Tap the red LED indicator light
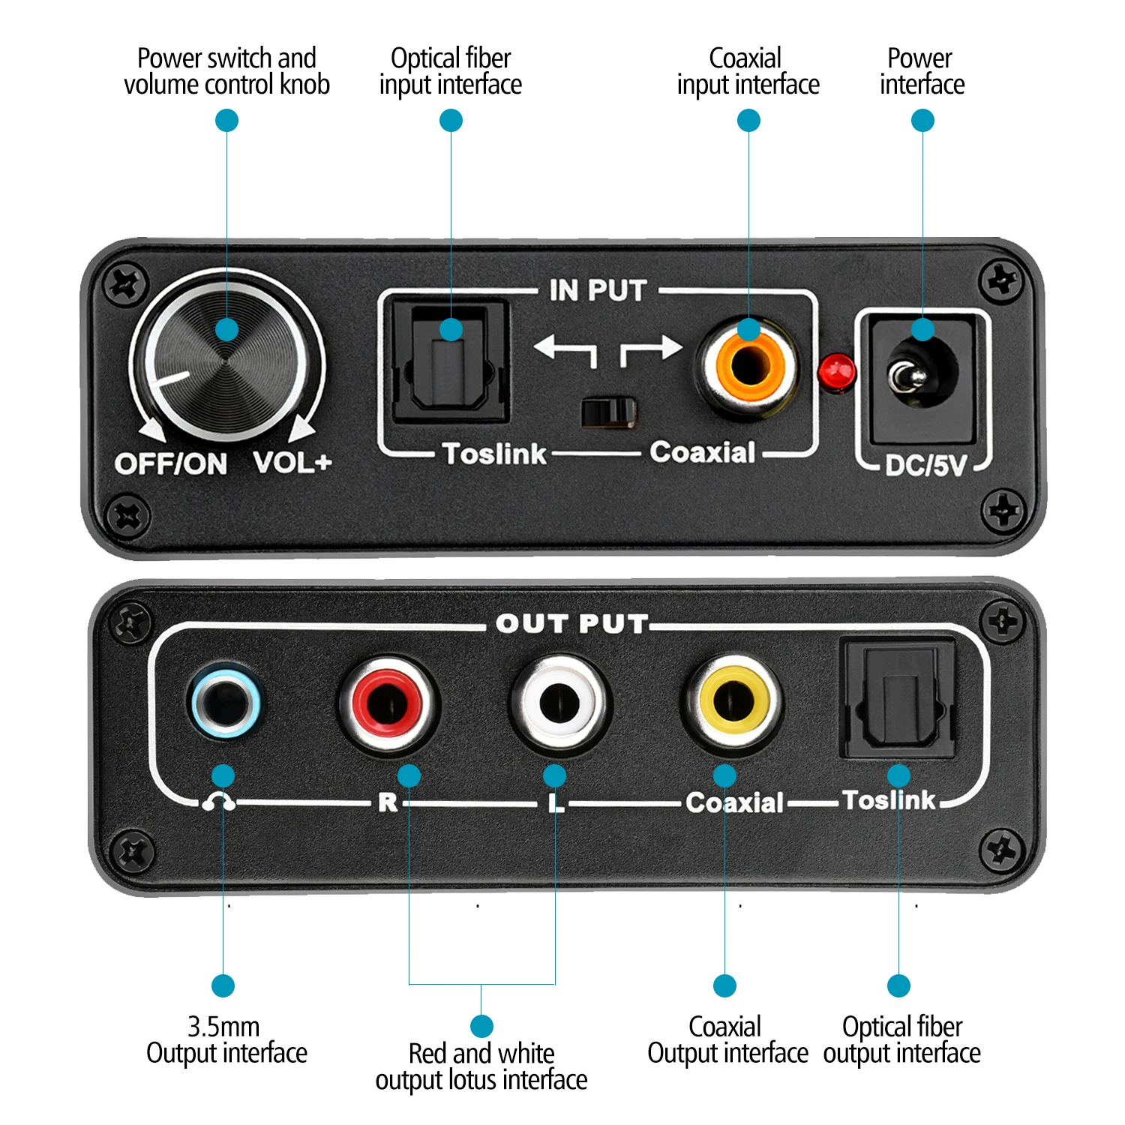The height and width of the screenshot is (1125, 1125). [837, 372]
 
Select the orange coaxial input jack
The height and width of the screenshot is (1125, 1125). [748, 366]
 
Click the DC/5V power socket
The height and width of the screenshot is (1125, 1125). [922, 375]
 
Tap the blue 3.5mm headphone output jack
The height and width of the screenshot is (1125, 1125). [226, 702]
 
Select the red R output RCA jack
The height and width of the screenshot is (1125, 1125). [387, 704]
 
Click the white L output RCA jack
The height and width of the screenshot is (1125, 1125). [559, 703]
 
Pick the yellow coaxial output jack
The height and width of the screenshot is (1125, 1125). [733, 702]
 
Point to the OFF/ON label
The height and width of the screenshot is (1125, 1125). [171, 464]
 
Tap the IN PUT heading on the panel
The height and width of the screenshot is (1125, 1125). [598, 291]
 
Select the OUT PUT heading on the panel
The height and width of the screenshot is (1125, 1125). [571, 624]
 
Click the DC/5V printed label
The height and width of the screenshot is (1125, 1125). [926, 466]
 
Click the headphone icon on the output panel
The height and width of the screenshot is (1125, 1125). [218, 802]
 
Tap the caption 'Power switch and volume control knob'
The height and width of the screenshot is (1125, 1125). [226, 71]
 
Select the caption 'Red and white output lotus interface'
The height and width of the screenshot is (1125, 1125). [481, 1066]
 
